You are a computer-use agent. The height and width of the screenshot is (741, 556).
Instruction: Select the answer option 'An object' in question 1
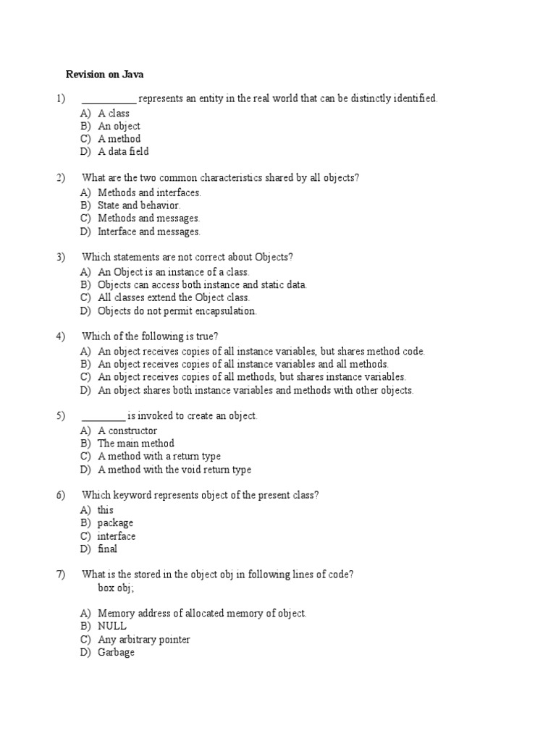[119, 126]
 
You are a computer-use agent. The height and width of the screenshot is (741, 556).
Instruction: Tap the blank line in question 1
[109, 100]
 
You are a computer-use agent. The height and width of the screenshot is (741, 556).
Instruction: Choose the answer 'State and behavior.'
[139, 205]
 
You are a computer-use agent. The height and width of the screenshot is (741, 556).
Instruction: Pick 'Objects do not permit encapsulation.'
[177, 311]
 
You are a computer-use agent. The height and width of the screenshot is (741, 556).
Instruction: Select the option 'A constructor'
[127, 431]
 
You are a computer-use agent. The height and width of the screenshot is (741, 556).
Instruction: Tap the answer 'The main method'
[136, 443]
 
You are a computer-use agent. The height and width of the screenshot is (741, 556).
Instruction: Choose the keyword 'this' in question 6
[106, 509]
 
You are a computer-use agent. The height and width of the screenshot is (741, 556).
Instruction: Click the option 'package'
[115, 522]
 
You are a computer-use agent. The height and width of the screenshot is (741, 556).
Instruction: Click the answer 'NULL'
[112, 626]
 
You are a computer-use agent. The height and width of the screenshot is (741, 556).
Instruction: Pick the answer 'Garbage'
[116, 652]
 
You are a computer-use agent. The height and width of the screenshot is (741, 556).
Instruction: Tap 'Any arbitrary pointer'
[144, 639]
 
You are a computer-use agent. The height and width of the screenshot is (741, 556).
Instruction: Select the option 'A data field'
[123, 152]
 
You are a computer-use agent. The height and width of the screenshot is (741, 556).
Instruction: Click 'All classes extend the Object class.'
[174, 297]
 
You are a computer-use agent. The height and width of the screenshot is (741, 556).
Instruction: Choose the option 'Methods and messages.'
[148, 218]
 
